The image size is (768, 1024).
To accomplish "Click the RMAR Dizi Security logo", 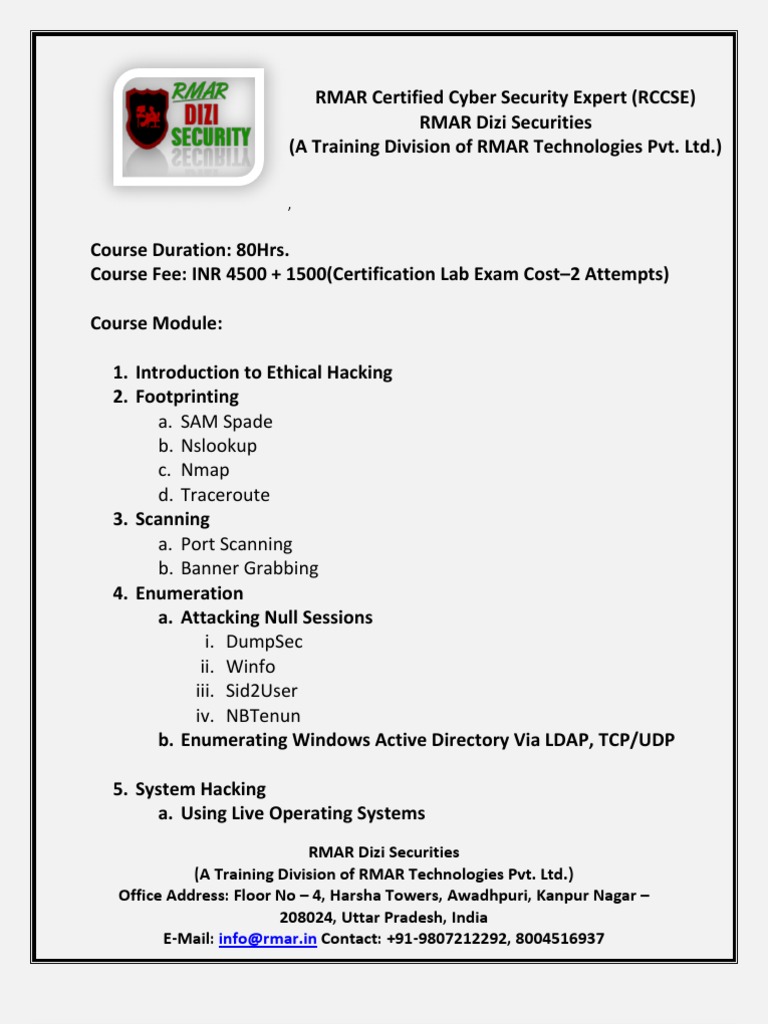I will pos(188,126).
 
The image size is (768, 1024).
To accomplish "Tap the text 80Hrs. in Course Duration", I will pos(263,250).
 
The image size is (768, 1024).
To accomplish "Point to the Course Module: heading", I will pos(156,324).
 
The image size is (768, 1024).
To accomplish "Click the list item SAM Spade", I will pos(226,422).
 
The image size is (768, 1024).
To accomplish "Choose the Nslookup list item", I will pos(218,446).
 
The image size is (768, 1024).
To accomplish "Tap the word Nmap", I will pos(205,470).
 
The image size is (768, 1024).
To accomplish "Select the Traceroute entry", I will pos(225,495).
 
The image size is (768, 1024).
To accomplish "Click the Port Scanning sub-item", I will pos(236,544).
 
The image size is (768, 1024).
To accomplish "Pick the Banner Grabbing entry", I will pos(249,568).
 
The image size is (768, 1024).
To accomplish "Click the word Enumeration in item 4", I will pos(189,593).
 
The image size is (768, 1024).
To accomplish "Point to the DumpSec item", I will pos(264,642).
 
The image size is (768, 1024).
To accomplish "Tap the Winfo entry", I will pos(250,667).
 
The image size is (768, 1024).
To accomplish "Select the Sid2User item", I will pos(261,691).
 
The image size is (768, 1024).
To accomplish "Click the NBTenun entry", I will pos(263,716).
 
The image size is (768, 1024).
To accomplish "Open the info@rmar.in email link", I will pos(267,939).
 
